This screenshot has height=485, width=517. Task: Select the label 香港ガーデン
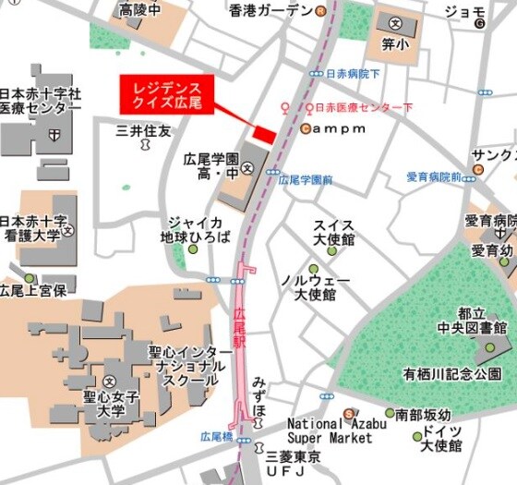(271, 11)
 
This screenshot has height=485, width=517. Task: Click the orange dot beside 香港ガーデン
(320, 11)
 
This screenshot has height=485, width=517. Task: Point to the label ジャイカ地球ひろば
(193, 229)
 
